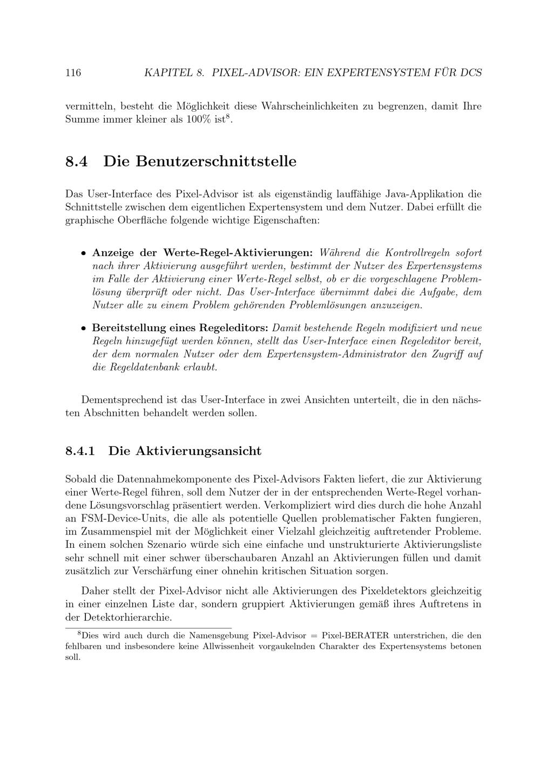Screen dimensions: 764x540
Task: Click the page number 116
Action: (x=73, y=72)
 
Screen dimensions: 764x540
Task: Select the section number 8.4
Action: (x=76, y=162)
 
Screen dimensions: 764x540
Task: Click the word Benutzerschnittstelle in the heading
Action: (x=200, y=162)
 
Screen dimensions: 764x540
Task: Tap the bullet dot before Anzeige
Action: (x=83, y=253)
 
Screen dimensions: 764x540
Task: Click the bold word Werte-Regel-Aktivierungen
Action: (x=238, y=253)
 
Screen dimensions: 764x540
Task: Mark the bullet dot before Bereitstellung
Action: (x=83, y=329)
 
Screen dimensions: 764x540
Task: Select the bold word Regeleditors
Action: (x=234, y=328)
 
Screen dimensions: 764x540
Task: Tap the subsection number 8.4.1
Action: (x=80, y=451)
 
